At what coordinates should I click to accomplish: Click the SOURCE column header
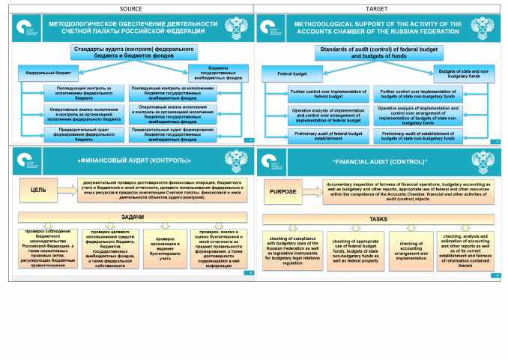click(127, 8)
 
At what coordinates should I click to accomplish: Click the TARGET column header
click(381, 8)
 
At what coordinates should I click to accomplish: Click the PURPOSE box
click(282, 191)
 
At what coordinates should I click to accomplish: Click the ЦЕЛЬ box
click(38, 190)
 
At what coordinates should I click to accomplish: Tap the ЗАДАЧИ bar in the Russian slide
click(126, 216)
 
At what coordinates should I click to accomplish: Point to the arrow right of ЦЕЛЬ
click(65, 190)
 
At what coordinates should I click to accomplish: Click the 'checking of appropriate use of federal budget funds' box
click(351, 250)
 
